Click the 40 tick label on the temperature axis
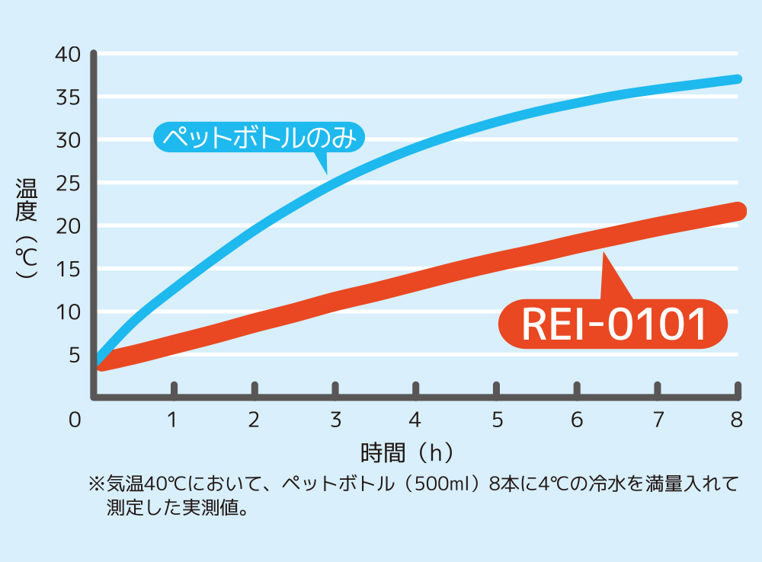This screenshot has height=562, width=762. coord(68,55)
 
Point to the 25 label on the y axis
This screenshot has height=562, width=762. coord(68,184)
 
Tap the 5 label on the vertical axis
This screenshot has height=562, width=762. coord(74,355)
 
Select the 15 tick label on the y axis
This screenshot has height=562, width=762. coord(68,270)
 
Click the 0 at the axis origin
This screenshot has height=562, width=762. coord(74,420)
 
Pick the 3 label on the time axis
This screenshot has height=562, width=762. coord(335,420)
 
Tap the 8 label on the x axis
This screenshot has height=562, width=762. coord(736,420)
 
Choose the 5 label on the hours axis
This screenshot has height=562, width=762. coord(497,420)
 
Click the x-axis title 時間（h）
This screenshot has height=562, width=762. coord(408,453)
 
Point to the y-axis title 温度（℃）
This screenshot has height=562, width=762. coord(27,228)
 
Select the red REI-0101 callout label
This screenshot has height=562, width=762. coord(613,324)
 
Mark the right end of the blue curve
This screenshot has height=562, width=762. coord(737,79)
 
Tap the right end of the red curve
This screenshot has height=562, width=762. coord(737,211)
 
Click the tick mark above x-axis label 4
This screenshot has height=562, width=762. coord(415,389)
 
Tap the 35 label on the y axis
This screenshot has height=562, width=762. coord(68,97)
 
